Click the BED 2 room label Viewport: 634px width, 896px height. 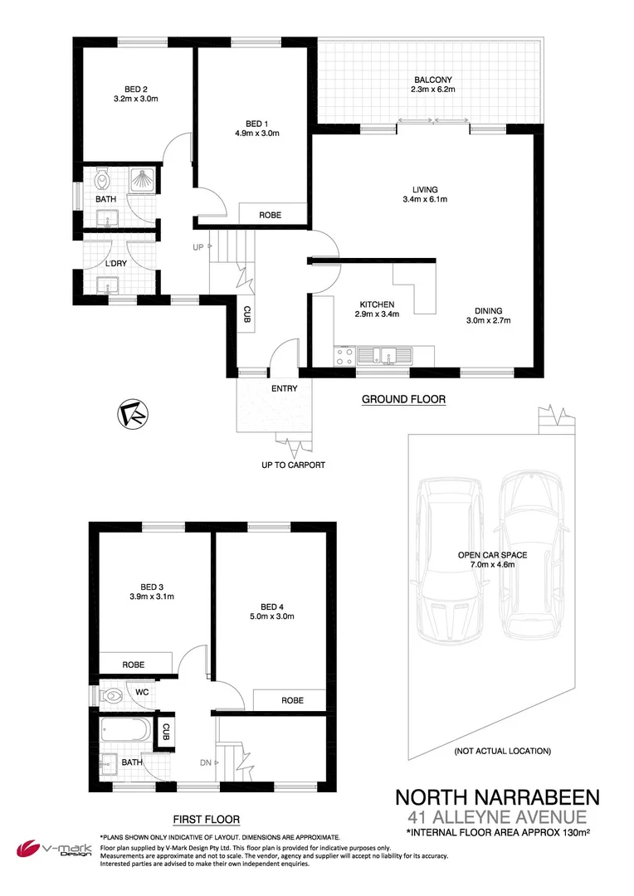[135, 88]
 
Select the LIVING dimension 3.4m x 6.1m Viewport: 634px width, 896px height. [423, 199]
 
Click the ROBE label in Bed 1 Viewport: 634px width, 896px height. [270, 215]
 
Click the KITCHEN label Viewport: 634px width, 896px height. [376, 304]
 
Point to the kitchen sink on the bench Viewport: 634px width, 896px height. [386, 356]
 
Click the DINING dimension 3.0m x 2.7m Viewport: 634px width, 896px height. [488, 321]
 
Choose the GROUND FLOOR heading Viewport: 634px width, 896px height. [403, 399]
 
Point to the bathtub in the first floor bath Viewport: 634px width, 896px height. [125, 732]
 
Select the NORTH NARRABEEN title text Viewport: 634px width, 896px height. [496, 798]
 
